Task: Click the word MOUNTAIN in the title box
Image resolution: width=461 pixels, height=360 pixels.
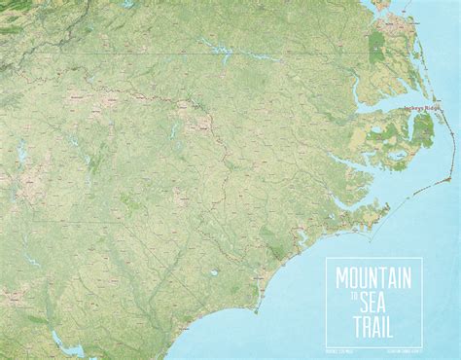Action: pos(374,277)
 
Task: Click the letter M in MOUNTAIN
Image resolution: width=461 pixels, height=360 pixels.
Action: pos(342,277)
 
